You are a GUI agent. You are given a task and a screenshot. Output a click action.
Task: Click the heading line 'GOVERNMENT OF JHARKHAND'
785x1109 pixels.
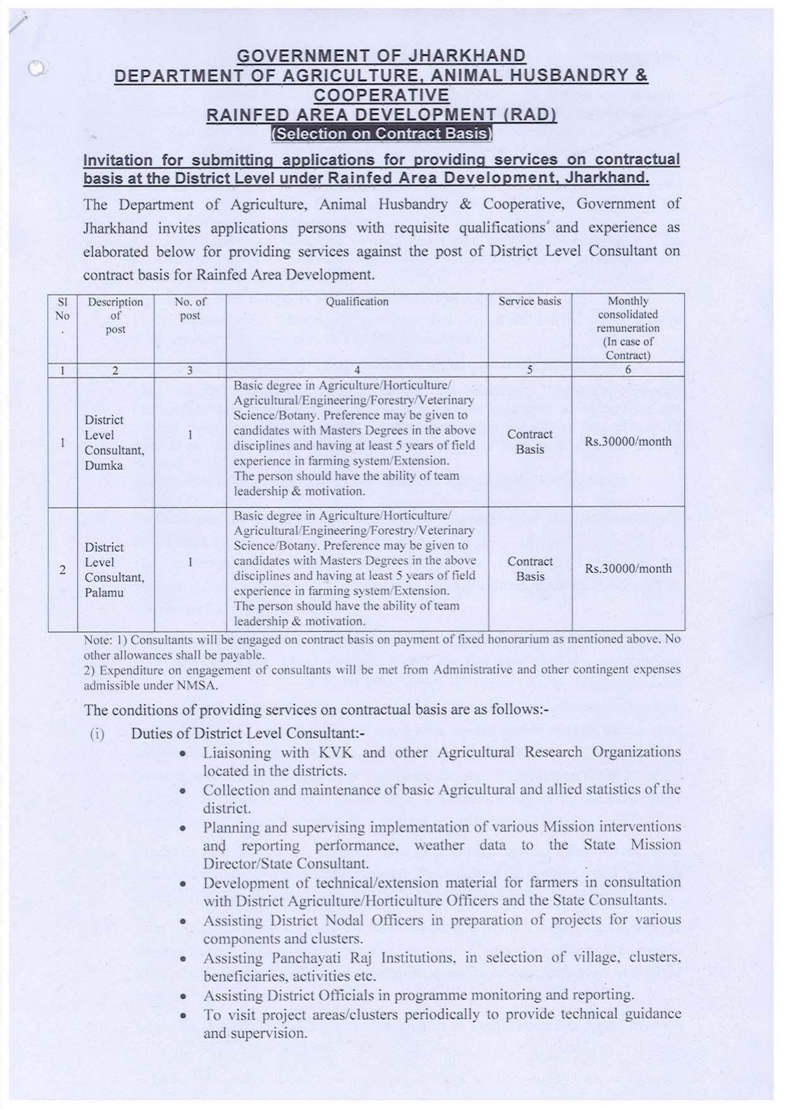[381, 56]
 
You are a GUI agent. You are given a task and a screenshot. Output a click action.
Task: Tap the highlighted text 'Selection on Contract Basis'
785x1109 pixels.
[381, 133]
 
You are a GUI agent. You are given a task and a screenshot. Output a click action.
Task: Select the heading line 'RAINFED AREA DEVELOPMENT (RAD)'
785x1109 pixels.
[381, 115]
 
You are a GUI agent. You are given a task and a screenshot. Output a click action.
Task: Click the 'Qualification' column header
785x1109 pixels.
[357, 302]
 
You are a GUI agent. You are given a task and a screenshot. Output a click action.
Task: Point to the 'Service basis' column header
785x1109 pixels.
[529, 302]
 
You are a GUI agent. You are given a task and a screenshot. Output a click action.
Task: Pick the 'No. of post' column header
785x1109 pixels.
[190, 309]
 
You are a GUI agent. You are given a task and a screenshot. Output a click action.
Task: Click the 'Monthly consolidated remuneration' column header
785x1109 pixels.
[628, 328]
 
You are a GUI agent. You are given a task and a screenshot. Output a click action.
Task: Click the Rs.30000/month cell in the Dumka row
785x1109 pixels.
[628, 441]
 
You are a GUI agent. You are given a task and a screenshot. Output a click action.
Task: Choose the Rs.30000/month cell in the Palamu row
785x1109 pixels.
[628, 568]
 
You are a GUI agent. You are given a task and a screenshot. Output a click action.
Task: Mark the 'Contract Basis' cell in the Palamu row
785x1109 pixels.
[529, 568]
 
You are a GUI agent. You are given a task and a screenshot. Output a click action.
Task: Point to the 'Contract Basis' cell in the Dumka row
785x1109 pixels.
[529, 441]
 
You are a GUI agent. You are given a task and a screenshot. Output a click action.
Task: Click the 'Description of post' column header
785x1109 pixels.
[115, 315]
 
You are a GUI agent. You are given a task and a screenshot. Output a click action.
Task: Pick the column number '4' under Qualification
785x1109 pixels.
[357, 371]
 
